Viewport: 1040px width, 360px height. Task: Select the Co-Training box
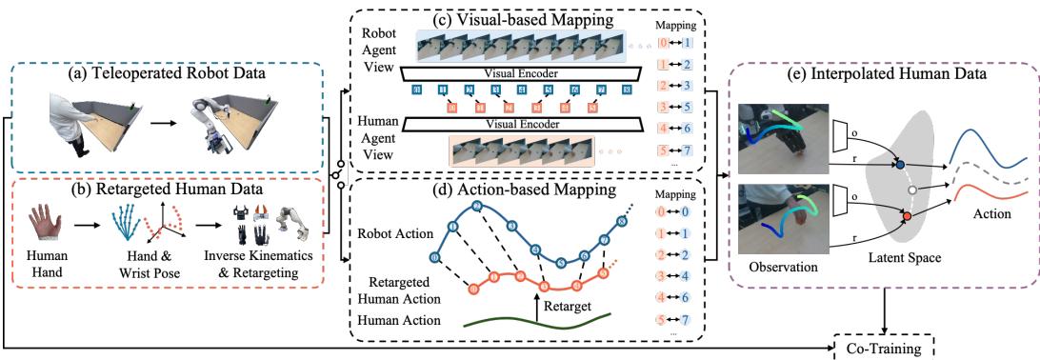tap(884, 349)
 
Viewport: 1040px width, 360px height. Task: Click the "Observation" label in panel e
tap(782, 268)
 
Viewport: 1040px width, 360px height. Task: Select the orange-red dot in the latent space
tap(907, 219)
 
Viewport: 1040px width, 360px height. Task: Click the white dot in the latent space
tap(912, 190)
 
